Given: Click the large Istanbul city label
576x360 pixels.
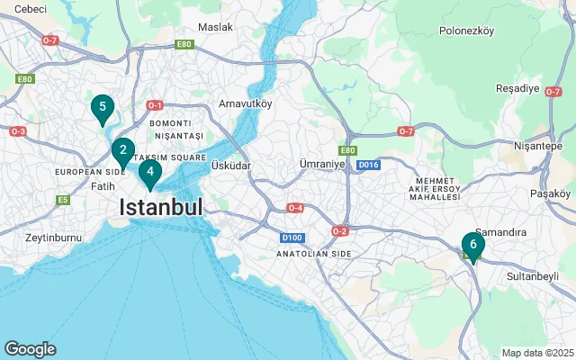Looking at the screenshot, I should tap(162, 208).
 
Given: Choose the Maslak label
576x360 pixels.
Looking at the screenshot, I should tap(215, 27).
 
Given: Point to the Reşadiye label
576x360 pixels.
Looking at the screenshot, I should tap(517, 88).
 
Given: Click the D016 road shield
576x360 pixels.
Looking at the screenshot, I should tap(367, 166).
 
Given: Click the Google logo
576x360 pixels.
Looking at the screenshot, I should tap(30, 349).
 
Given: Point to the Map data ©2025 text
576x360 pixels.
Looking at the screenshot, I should tap(537, 353).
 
